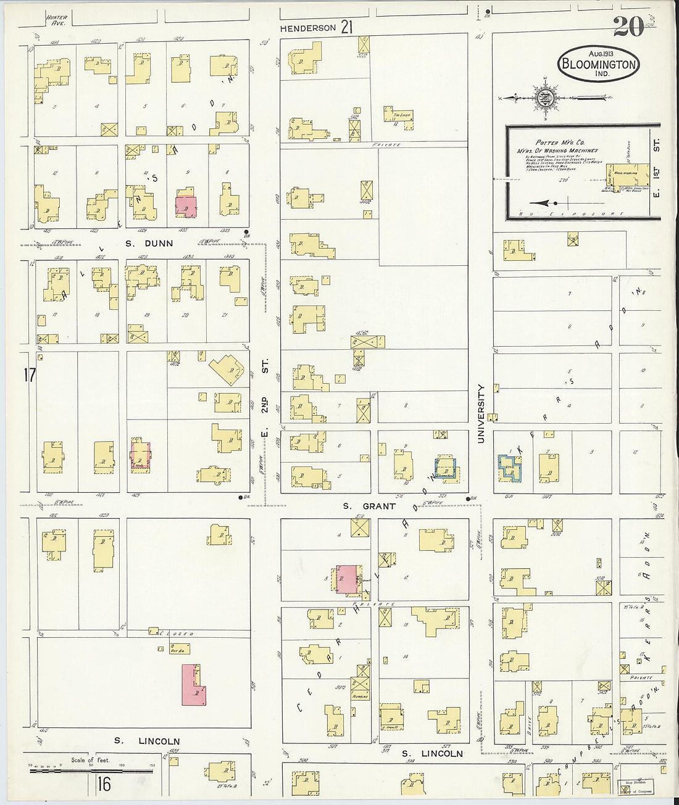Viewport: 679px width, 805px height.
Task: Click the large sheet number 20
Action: click(x=628, y=26)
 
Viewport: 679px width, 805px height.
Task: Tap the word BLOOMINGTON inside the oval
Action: click(x=598, y=64)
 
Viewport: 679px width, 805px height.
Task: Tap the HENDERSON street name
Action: click(x=307, y=28)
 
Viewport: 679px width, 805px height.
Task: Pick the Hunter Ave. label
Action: click(x=56, y=19)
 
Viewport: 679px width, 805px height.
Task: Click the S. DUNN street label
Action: click(x=149, y=243)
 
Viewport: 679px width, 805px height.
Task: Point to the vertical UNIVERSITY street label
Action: click(x=481, y=413)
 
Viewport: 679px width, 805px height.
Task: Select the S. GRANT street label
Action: click(x=369, y=506)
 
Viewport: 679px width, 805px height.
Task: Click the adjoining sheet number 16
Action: click(x=103, y=784)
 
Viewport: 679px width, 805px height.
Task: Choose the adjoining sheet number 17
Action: click(x=29, y=374)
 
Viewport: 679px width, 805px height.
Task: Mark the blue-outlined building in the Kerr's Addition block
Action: click(x=509, y=468)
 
